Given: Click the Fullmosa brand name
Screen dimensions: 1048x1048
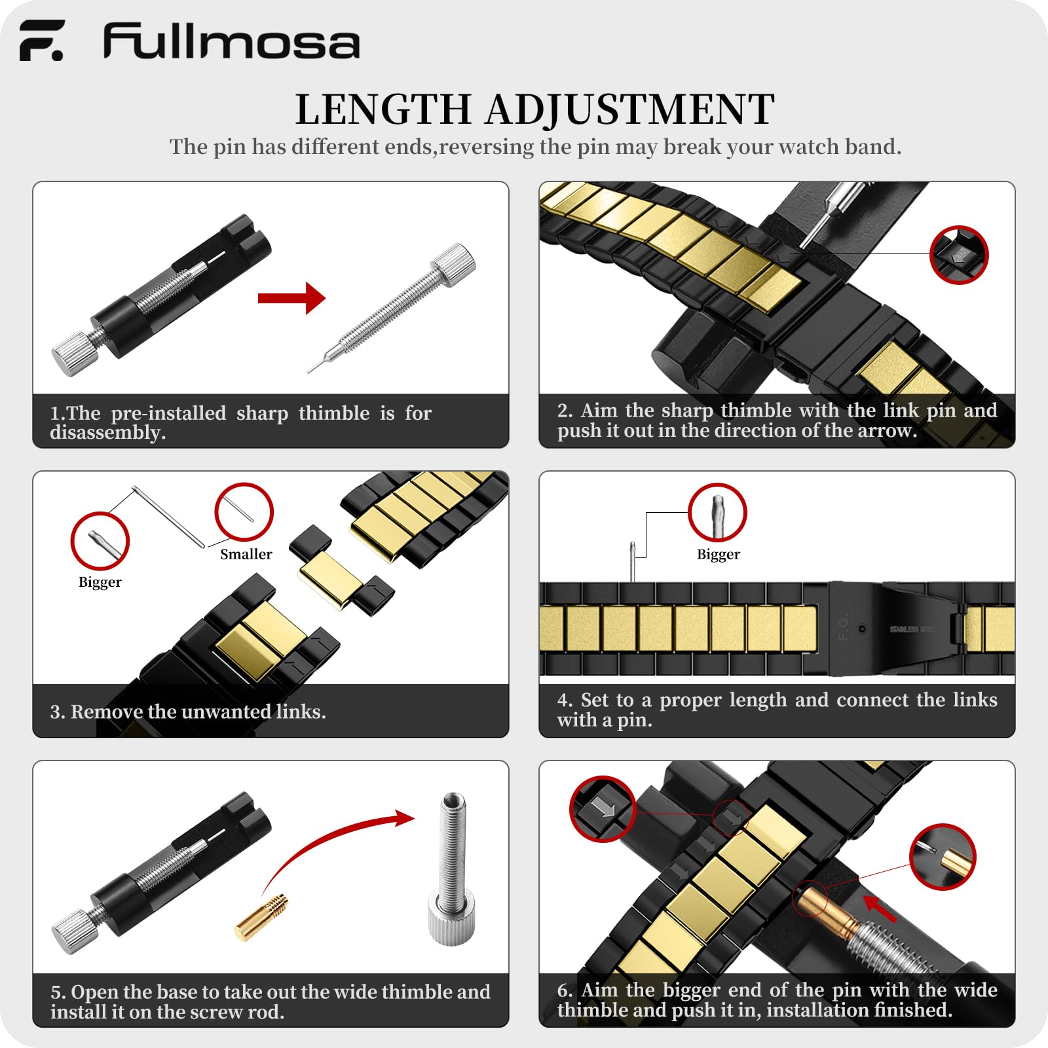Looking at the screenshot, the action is click(x=231, y=43).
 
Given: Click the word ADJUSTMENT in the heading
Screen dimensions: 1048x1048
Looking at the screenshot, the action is click(x=629, y=109).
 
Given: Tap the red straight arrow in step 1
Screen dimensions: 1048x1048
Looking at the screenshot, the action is click(x=292, y=299).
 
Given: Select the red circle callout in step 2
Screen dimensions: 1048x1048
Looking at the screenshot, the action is click(x=959, y=255).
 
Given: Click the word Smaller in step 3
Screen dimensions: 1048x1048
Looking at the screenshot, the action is click(x=246, y=554).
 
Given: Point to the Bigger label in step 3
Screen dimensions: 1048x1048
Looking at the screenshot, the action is click(x=100, y=582).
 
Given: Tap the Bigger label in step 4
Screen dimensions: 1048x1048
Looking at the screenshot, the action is click(x=718, y=555).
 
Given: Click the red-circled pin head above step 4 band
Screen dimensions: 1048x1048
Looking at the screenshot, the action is click(x=717, y=513).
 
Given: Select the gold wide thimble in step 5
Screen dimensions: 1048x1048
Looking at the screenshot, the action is click(x=262, y=916).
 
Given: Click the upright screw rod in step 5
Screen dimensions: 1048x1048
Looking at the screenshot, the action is click(x=452, y=865).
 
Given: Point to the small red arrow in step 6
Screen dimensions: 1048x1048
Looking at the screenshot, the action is click(x=879, y=908).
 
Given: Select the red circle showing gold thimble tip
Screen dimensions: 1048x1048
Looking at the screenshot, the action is click(x=943, y=857).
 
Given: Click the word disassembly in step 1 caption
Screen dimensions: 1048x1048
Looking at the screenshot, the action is click(x=107, y=433).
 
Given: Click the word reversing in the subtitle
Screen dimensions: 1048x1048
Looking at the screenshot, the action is click(x=487, y=147).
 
